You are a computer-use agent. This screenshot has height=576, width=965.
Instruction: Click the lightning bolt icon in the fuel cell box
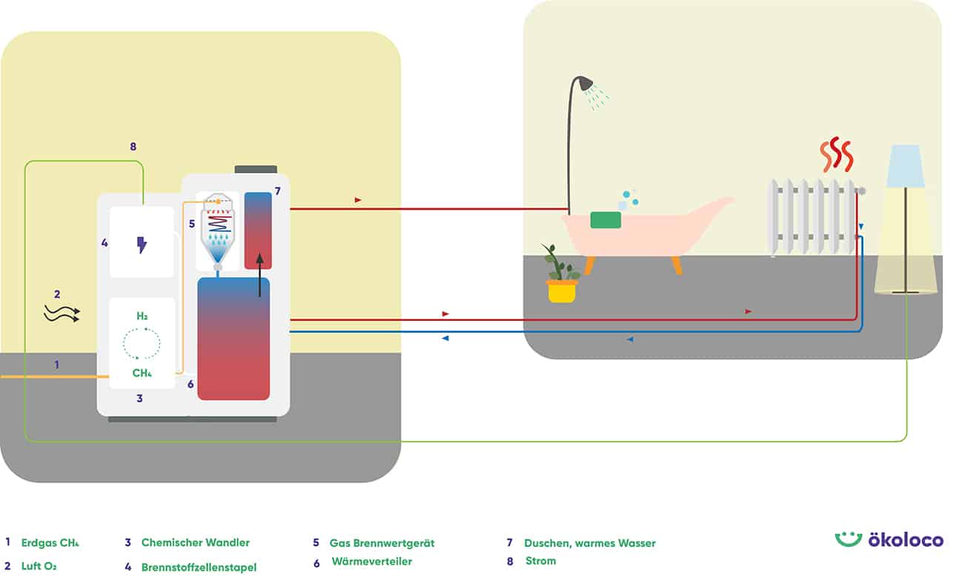pos(142,245)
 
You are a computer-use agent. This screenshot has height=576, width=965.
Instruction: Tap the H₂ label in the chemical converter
pos(142,317)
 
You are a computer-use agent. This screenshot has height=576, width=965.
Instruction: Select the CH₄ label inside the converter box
pos(142,373)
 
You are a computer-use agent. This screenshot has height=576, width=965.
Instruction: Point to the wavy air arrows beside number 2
pos(62,314)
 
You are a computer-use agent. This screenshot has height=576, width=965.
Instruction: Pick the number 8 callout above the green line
pos(133,147)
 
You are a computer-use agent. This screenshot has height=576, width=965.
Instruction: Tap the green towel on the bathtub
pos(606,219)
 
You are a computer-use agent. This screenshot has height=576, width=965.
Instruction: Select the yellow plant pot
pos(562,291)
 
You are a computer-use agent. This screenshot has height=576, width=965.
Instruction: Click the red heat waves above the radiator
pos(837,154)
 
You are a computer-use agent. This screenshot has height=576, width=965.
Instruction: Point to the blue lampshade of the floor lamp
pos(905,167)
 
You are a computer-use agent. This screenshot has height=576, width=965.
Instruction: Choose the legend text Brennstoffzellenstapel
pos(199,567)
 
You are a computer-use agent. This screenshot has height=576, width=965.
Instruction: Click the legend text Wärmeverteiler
pos(371,562)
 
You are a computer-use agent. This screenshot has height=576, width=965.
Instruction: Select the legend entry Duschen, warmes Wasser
pos(589,543)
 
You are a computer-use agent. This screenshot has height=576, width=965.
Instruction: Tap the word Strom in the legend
pos(540,560)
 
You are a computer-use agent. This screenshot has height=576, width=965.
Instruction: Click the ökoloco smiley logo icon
pos(848,539)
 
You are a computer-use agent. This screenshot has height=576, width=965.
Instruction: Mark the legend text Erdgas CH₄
pos(50,543)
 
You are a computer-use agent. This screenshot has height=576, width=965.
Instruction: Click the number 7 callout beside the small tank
pos(277,191)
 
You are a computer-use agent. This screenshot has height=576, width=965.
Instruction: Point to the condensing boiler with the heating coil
pos(218,231)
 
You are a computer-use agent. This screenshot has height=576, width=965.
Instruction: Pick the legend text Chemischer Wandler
pos(195,543)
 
